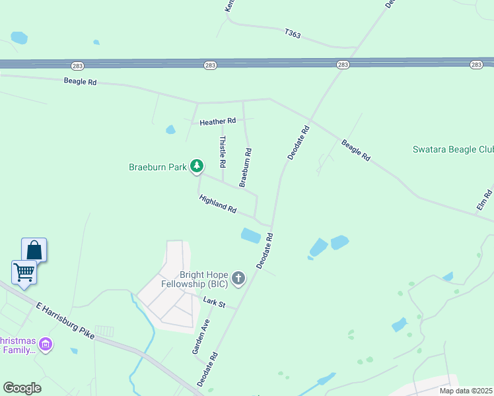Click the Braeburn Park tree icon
196,166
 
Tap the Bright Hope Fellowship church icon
238,279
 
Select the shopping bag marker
34,250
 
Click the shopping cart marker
24,271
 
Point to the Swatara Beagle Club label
453,150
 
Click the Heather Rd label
217,121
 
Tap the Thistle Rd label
223,151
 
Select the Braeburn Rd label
246,167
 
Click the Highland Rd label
218,204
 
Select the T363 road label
293,33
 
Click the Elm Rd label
484,201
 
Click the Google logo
22,388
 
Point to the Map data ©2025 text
466,391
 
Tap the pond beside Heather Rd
170,129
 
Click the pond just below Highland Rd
251,236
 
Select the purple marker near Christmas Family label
46,344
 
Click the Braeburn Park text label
158,168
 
